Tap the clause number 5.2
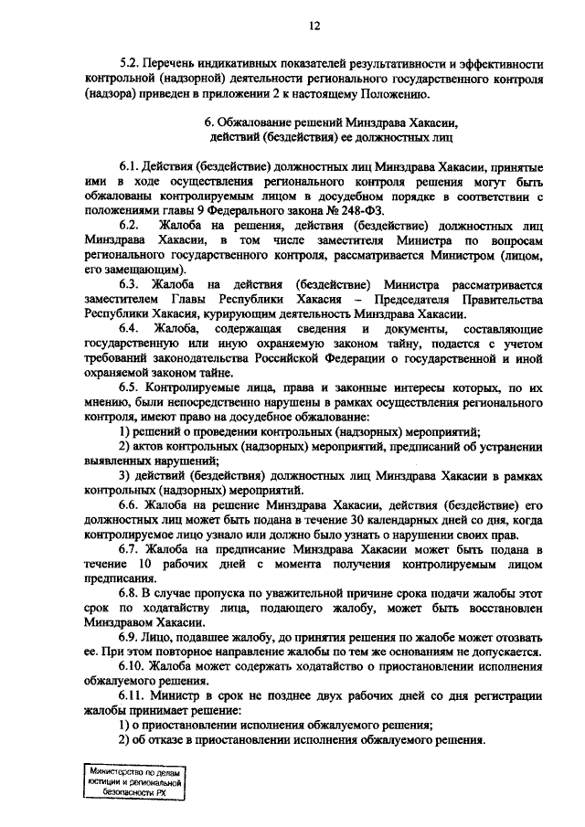(x=131, y=65)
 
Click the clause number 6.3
(x=131, y=285)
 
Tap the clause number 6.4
(x=131, y=328)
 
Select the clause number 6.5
(x=131, y=387)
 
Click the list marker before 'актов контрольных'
(x=125, y=446)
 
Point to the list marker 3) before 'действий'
(x=125, y=476)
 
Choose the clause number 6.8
(x=131, y=593)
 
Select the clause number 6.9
(x=131, y=637)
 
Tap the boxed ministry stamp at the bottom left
(x=134, y=783)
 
